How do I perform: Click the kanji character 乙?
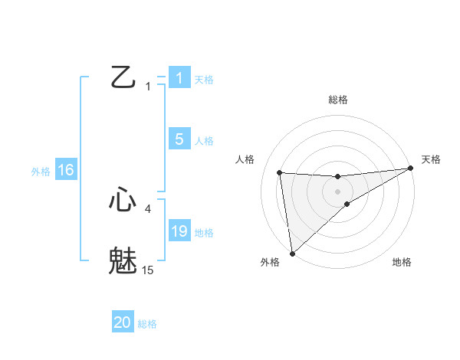pyautogui.click(x=123, y=77)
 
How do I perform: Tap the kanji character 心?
pyautogui.click(x=123, y=200)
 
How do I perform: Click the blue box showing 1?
pyautogui.click(x=179, y=78)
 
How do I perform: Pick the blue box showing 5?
pyautogui.click(x=179, y=139)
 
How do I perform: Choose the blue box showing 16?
pyautogui.click(x=66, y=170)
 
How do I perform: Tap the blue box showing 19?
pyautogui.click(x=179, y=231)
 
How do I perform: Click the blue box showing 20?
pyautogui.click(x=123, y=322)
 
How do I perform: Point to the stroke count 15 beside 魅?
pyautogui.click(x=148, y=270)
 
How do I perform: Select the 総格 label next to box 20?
pyautogui.click(x=147, y=324)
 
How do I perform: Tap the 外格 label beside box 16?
pyautogui.click(x=41, y=172)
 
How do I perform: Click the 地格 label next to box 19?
pyautogui.click(x=204, y=233)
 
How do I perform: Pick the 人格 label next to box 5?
pyautogui.click(x=204, y=141)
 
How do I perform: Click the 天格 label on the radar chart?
pyautogui.click(x=431, y=159)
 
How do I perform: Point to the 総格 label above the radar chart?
pyautogui.click(x=337, y=100)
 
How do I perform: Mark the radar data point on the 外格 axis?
pyautogui.click(x=292, y=253)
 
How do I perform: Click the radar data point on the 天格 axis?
pyautogui.click(x=411, y=169)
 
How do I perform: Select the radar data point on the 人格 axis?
pyautogui.click(x=279, y=172)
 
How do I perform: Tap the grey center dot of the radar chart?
pyautogui.click(x=337, y=191)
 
